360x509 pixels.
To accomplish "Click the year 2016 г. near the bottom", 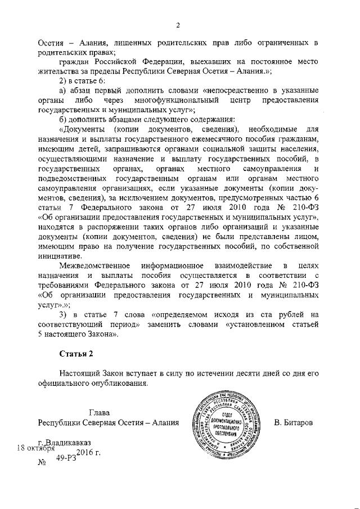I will (x=88, y=453).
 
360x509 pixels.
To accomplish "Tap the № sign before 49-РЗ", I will (x=41, y=463).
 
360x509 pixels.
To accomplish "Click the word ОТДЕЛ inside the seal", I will (x=224, y=412).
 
